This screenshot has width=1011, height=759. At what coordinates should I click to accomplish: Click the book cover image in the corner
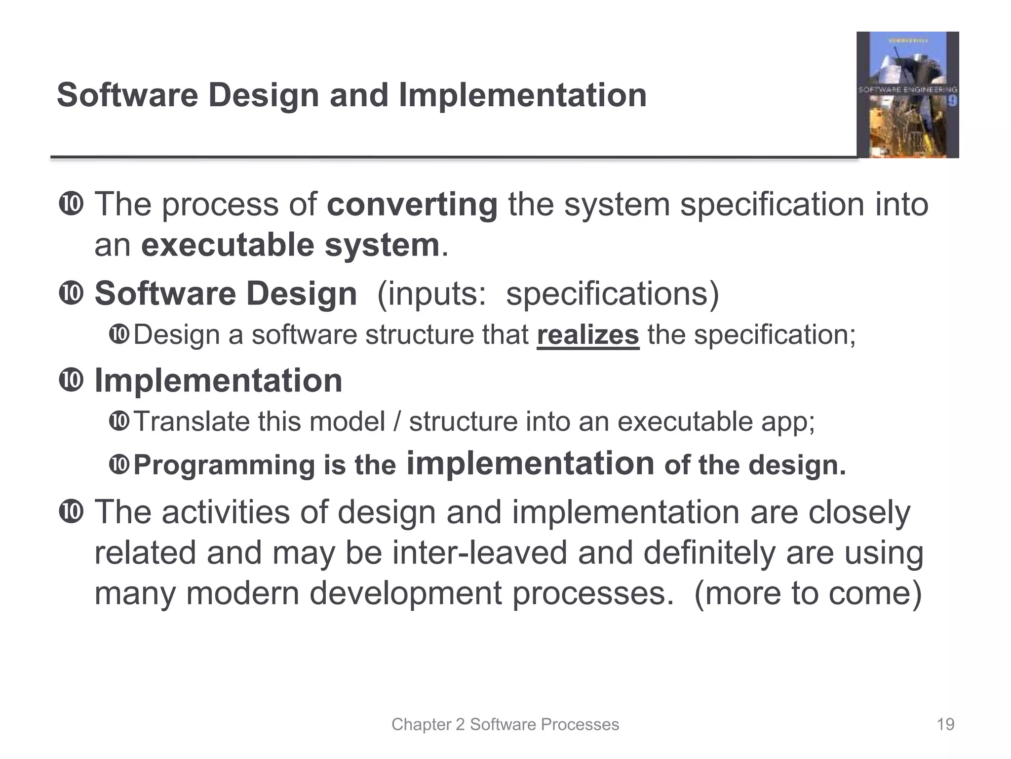907,94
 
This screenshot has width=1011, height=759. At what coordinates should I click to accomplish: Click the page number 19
945,724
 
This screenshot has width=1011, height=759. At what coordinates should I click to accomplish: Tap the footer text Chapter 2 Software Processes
505,724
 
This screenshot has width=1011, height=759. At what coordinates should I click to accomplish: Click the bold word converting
412,204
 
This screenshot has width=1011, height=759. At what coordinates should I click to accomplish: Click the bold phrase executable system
290,245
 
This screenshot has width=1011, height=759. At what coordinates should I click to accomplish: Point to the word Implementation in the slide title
523,95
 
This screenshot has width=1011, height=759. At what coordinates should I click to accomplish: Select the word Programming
224,465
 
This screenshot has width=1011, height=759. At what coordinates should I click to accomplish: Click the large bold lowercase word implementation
530,463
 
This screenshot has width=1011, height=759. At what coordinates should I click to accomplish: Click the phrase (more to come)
808,593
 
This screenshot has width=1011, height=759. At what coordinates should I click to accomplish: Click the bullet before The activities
71,511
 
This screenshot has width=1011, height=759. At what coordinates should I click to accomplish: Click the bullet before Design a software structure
119,335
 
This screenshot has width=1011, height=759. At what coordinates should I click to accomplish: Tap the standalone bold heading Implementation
218,380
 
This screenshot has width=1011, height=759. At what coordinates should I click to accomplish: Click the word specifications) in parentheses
613,294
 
